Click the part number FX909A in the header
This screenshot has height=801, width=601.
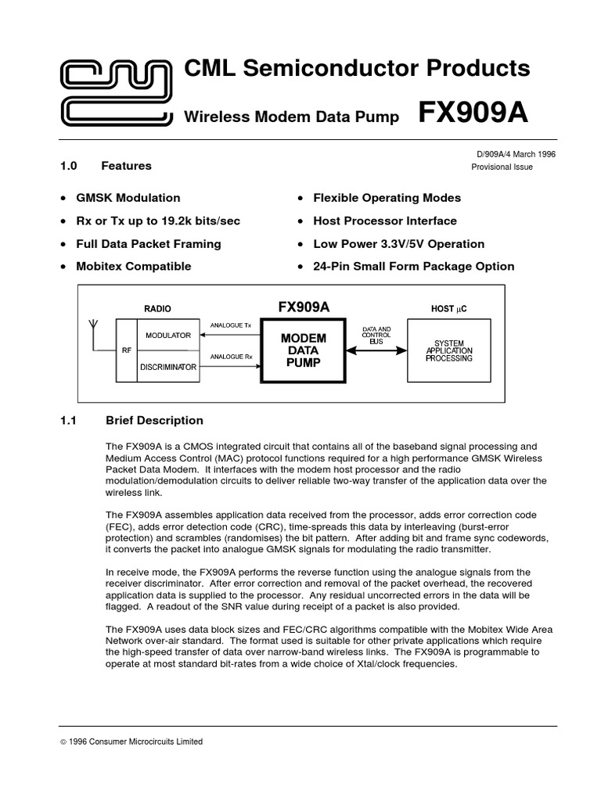[473, 113]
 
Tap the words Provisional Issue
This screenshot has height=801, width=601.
[502, 167]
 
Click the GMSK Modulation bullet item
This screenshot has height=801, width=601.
[128, 198]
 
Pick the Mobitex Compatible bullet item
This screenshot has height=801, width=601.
[133, 266]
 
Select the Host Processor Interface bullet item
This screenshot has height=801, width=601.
[384, 221]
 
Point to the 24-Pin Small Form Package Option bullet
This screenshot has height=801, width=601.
[413, 266]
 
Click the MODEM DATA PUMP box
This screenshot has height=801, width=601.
[304, 350]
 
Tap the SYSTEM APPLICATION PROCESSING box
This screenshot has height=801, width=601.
[448, 350]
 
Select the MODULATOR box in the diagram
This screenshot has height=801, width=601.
[167, 335]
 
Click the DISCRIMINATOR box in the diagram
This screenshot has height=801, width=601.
[167, 366]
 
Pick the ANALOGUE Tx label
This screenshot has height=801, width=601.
[231, 325]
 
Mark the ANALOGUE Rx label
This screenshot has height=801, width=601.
[231, 357]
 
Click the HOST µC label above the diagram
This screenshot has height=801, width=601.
[448, 309]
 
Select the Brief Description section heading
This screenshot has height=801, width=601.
[154, 420]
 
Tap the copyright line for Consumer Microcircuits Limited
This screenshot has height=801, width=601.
[131, 742]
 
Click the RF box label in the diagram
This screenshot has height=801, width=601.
[126, 350]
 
